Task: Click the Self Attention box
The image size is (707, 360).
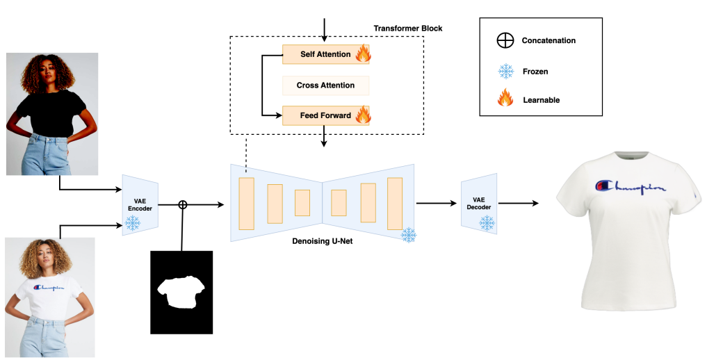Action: click(325, 54)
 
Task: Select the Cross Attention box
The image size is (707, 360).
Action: click(325, 85)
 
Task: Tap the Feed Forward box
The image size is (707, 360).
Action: click(325, 115)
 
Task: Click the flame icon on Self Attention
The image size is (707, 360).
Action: click(362, 54)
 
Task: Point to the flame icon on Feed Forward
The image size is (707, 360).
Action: click(363, 114)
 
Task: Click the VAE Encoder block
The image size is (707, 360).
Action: click(140, 205)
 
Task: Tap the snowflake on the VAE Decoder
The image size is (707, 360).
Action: click(487, 222)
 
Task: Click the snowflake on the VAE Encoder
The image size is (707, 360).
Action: click(131, 223)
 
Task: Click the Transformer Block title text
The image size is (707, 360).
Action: click(407, 28)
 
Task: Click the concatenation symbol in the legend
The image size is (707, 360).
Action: click(505, 40)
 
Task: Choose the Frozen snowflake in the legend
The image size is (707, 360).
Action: click(505, 71)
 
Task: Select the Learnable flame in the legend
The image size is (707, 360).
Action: click(505, 99)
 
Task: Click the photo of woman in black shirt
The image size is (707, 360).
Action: click(52, 114)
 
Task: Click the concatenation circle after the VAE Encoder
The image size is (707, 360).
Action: click(183, 204)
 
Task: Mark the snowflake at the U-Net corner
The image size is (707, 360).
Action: click(409, 235)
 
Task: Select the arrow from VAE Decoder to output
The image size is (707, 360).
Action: click(519, 204)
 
